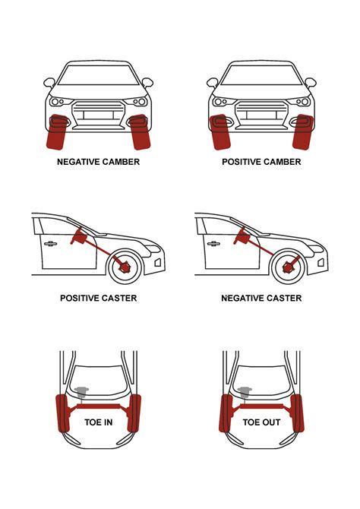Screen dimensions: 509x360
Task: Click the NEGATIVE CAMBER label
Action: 98,162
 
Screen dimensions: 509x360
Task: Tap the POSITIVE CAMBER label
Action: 261,162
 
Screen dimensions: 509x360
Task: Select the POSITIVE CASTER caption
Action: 98,299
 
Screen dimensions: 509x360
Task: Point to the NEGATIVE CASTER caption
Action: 261,299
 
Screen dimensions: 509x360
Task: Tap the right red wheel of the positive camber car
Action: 302,131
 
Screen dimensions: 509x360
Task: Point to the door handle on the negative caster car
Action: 214,244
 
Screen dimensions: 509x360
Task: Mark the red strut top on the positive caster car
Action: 77,238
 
